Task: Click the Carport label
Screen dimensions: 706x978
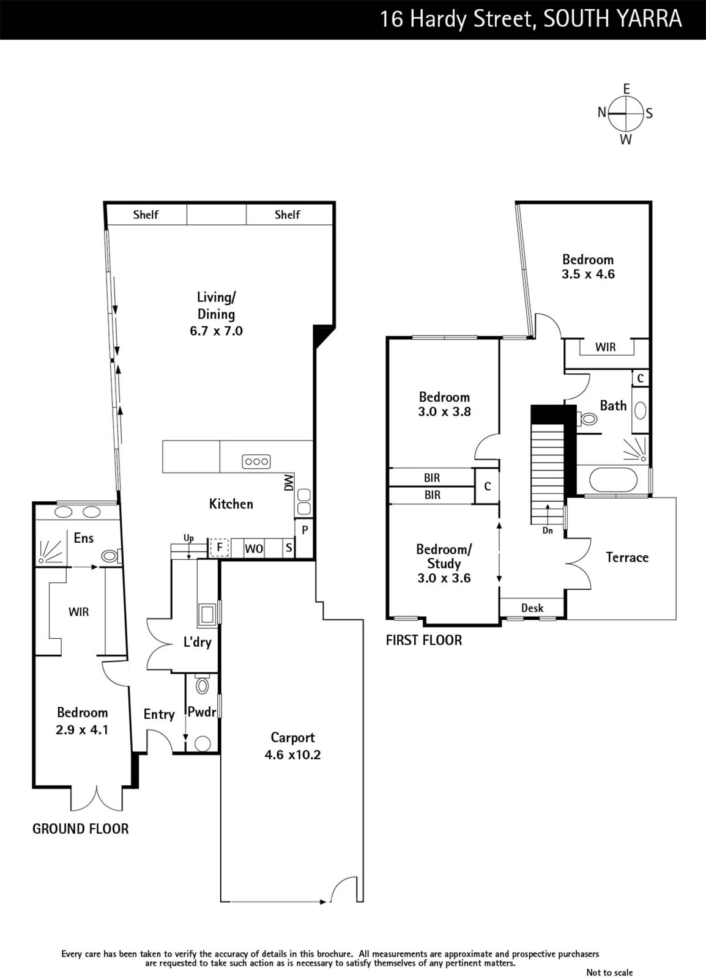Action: coord(292,737)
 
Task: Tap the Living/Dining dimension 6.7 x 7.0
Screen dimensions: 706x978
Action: coord(216,331)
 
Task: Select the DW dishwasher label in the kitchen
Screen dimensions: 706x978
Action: coord(289,482)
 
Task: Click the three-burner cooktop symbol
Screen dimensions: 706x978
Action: coord(256,461)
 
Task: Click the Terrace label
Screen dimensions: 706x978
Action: coord(627,557)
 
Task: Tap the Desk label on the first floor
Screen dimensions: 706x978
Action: coord(532,608)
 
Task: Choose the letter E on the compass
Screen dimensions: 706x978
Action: coord(626,89)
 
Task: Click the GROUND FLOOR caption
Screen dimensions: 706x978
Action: coord(81,829)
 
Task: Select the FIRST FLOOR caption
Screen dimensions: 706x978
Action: coord(424,640)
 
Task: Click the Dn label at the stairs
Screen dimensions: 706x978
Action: coord(548,531)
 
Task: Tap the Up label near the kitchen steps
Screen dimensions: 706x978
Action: coord(188,538)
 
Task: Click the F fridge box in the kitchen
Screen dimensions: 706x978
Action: coord(219,548)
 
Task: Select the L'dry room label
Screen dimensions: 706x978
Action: coord(197,642)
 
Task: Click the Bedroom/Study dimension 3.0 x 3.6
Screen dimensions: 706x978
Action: coord(444,578)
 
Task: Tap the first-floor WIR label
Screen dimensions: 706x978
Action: coord(606,347)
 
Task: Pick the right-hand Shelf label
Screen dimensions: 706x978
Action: coord(288,215)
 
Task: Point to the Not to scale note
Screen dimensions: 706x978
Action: coord(609,972)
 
